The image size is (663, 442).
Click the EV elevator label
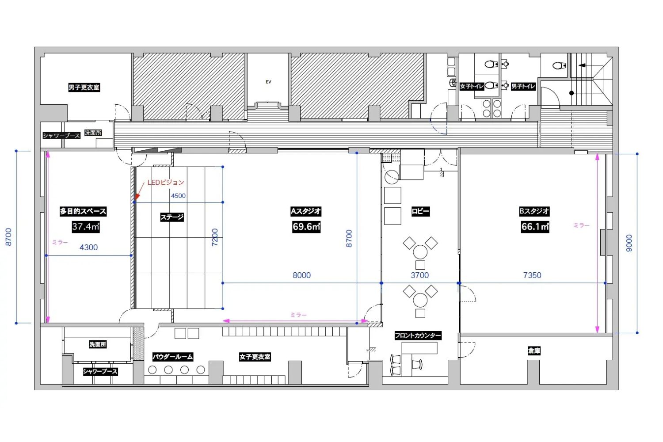[268, 82]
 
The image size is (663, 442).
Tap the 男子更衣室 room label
[84, 88]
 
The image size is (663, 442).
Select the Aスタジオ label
[306, 211]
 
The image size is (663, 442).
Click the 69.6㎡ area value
[306, 227]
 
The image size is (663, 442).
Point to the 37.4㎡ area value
[86, 227]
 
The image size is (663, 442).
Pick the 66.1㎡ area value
[535, 227]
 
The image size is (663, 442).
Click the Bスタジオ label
[534, 211]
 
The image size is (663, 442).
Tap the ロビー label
[420, 211]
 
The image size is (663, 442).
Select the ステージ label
[172, 217]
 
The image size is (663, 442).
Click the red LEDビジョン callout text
[166, 183]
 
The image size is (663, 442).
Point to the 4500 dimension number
[178, 196]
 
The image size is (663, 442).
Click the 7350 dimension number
[532, 275]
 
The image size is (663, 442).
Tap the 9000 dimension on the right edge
[629, 243]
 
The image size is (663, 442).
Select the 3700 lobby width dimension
[419, 275]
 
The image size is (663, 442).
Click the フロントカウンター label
[418, 335]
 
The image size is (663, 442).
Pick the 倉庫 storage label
[534, 351]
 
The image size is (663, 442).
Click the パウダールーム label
[172, 357]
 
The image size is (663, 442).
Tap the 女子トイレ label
[472, 86]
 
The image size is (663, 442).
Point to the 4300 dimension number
[88, 247]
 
